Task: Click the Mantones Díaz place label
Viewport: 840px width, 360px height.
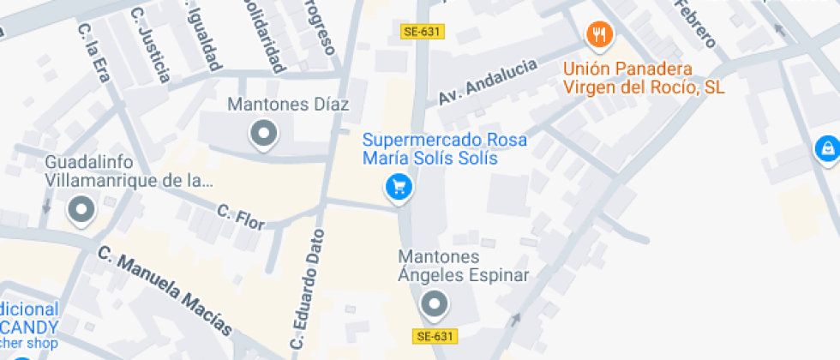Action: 288,105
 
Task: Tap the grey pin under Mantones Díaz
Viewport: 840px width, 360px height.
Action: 263,134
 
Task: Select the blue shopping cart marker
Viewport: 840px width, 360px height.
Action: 399,186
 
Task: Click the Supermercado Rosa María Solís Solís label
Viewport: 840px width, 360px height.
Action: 444,149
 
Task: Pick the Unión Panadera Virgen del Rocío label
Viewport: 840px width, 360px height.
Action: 644,78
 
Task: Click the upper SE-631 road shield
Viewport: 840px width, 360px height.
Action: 422,32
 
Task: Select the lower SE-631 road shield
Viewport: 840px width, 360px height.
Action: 435,336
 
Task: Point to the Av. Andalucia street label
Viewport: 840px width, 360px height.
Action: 488,83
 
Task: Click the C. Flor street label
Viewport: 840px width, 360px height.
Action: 240,215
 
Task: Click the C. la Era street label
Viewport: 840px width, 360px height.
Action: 94,51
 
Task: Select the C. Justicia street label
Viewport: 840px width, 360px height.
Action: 150,45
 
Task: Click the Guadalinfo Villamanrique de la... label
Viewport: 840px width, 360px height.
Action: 129,171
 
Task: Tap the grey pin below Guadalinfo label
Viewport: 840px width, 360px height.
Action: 82,208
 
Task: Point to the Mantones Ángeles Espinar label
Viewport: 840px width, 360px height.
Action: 464,266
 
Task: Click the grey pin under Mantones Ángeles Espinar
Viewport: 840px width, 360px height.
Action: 435,303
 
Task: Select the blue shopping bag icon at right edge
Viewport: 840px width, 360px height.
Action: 827,148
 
